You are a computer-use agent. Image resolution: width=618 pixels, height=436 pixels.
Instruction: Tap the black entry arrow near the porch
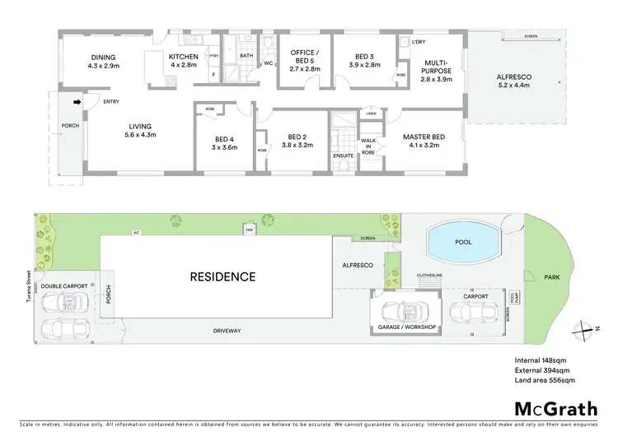77,102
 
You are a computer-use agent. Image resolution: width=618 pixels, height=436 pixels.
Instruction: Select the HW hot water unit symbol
249,230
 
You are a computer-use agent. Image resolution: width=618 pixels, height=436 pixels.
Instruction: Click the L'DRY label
419,41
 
